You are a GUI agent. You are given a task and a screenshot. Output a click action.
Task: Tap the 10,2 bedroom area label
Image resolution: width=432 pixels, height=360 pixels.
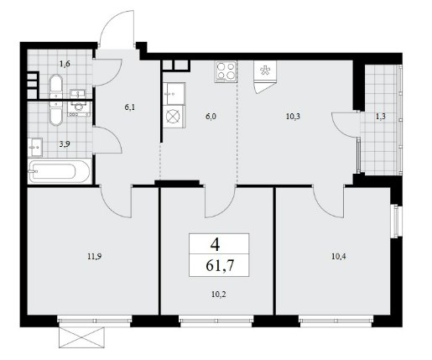219,294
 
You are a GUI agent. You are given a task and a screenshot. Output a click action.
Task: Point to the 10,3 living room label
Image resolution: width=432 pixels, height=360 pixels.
293,117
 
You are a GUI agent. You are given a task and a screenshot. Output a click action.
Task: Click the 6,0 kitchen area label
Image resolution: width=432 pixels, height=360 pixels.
211,117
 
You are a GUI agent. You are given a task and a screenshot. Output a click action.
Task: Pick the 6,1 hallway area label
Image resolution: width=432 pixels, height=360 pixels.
130,107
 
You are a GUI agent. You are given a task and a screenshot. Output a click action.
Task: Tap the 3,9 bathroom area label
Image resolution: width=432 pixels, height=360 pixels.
65,144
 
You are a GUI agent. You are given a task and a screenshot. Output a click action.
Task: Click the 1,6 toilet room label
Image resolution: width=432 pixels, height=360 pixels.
65,64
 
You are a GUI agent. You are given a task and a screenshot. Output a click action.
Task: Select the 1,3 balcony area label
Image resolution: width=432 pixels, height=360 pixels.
380,117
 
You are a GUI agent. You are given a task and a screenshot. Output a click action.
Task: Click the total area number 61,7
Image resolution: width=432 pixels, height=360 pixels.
220,266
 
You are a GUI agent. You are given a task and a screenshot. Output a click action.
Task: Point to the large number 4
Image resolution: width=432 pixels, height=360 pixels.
216,244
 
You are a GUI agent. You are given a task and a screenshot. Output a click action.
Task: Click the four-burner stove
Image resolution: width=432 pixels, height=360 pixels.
226,71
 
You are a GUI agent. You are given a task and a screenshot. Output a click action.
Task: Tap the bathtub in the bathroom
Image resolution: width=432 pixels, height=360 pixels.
60,171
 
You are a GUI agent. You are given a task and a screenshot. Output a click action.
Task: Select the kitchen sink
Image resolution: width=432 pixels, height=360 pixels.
174,94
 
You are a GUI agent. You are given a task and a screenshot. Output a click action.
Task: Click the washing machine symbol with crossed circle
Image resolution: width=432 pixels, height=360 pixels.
174,117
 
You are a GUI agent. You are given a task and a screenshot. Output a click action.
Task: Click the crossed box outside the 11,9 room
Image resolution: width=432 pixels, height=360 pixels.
82,337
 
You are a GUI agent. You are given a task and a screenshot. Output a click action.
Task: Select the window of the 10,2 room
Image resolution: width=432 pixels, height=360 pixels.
216,321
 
